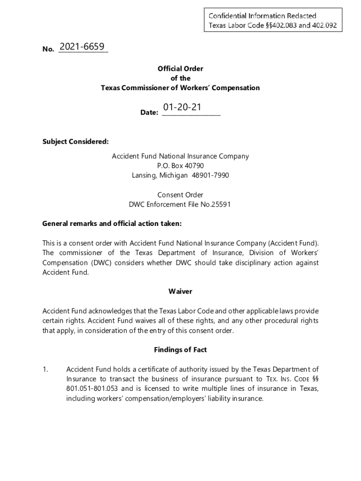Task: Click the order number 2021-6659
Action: (x=83, y=47)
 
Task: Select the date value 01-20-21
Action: (x=182, y=108)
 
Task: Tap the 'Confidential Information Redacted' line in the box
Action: (x=263, y=16)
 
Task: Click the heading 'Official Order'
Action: (x=180, y=69)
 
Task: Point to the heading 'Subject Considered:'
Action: (x=75, y=141)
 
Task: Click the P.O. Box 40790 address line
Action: (x=180, y=166)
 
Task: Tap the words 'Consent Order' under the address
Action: (x=180, y=195)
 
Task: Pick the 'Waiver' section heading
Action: (x=180, y=292)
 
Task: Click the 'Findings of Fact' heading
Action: (x=180, y=350)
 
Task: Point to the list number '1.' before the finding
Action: (x=45, y=370)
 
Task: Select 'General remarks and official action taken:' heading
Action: (x=112, y=224)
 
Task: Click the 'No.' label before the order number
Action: (x=48, y=49)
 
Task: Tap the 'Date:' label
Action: (x=149, y=113)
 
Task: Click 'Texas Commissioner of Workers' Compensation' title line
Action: (x=180, y=88)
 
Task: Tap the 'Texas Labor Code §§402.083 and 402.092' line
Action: (x=272, y=25)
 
